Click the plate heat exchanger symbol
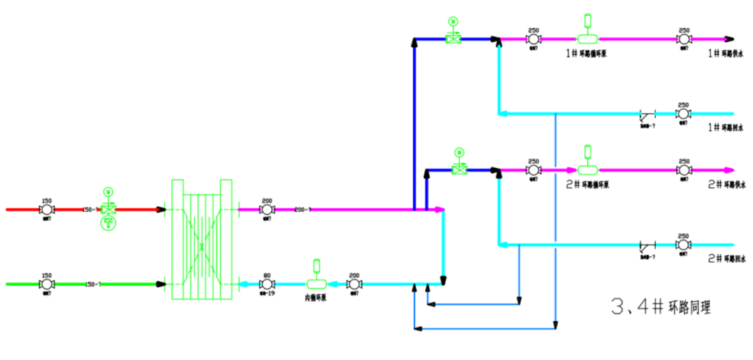(201, 239)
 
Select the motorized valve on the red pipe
(108, 209)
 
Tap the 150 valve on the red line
(48, 209)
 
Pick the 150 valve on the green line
(48, 284)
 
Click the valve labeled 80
(266, 284)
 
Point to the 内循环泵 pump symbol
(317, 283)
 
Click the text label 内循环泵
(317, 297)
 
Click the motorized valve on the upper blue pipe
(454, 39)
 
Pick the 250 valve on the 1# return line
(684, 113)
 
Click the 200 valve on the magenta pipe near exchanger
(266, 209)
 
